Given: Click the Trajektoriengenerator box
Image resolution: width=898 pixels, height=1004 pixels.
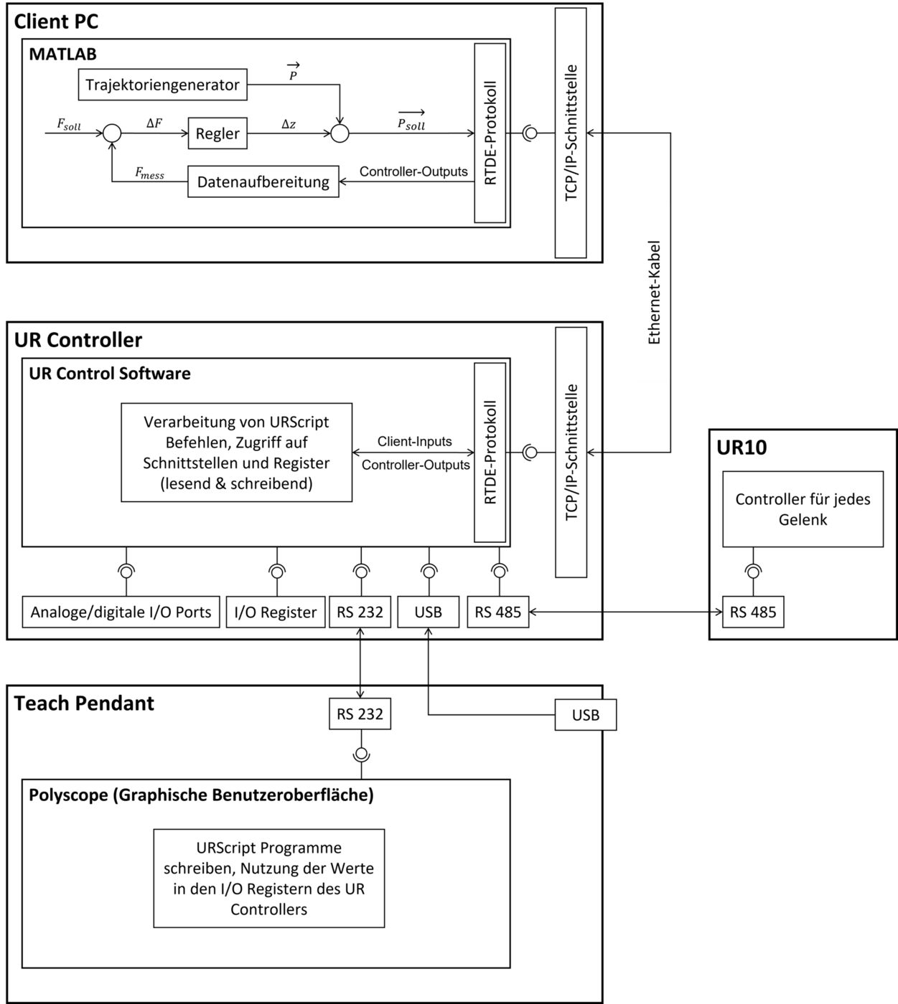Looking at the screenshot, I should click(x=162, y=85).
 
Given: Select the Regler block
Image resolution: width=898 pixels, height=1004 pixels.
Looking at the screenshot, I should click(x=218, y=134).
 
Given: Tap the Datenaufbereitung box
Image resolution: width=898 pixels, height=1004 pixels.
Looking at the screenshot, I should click(x=263, y=181).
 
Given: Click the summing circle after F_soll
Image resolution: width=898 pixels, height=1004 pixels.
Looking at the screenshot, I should click(x=111, y=133).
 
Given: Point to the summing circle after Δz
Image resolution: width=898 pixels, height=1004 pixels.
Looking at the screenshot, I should click(x=340, y=133).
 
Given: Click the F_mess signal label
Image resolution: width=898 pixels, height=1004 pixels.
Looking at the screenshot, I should click(x=149, y=174).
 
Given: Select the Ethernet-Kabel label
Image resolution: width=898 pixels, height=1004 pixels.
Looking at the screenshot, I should click(x=653, y=293).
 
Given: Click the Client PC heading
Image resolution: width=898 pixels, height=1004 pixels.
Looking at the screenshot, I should click(x=56, y=22).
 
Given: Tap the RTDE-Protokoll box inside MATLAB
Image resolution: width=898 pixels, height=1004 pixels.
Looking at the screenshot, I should click(x=490, y=133).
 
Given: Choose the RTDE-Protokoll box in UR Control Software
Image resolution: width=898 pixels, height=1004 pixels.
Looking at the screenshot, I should click(x=490, y=453).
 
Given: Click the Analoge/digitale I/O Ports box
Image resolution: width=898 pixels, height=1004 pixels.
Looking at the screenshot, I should click(x=121, y=612).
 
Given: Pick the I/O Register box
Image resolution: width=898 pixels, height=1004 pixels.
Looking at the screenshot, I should click(x=275, y=612).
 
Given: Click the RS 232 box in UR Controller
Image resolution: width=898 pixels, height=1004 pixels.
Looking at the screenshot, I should click(x=360, y=612).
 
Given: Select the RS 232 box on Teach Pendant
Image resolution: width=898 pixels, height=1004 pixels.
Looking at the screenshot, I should click(x=360, y=714).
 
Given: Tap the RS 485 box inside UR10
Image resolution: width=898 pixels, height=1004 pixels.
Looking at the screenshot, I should click(x=753, y=612).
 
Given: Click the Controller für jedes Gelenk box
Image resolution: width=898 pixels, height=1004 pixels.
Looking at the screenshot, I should click(x=803, y=509).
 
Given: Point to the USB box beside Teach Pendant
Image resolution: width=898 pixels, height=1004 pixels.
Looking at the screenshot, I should click(x=585, y=715).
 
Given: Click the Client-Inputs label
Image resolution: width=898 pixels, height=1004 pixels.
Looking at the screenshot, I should click(x=415, y=442).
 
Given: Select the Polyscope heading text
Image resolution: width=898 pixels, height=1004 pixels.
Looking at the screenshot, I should click(x=201, y=795).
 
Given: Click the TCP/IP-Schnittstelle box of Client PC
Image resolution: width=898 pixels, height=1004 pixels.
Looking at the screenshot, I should click(x=571, y=133).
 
